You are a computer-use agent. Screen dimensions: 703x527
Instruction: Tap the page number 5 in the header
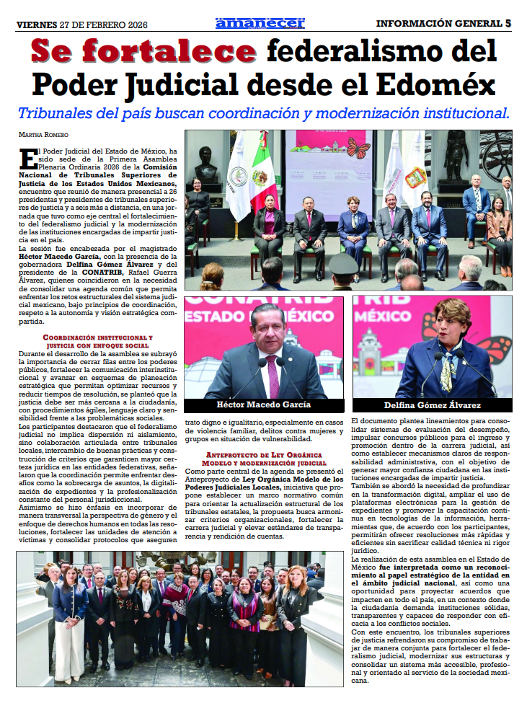point(508,23)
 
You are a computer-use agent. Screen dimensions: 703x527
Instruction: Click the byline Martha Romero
point(43,135)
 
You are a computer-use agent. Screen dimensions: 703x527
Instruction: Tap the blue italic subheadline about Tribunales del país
point(263,113)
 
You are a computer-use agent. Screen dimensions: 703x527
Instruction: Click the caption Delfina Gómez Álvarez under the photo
point(432,404)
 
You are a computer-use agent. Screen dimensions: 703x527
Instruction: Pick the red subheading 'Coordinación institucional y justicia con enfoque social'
point(97,342)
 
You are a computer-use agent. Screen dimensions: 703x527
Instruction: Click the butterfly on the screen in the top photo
point(358,149)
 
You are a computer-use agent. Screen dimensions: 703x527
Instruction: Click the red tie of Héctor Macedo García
point(273,375)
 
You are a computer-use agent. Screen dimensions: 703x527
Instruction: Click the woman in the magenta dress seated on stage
point(270,224)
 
